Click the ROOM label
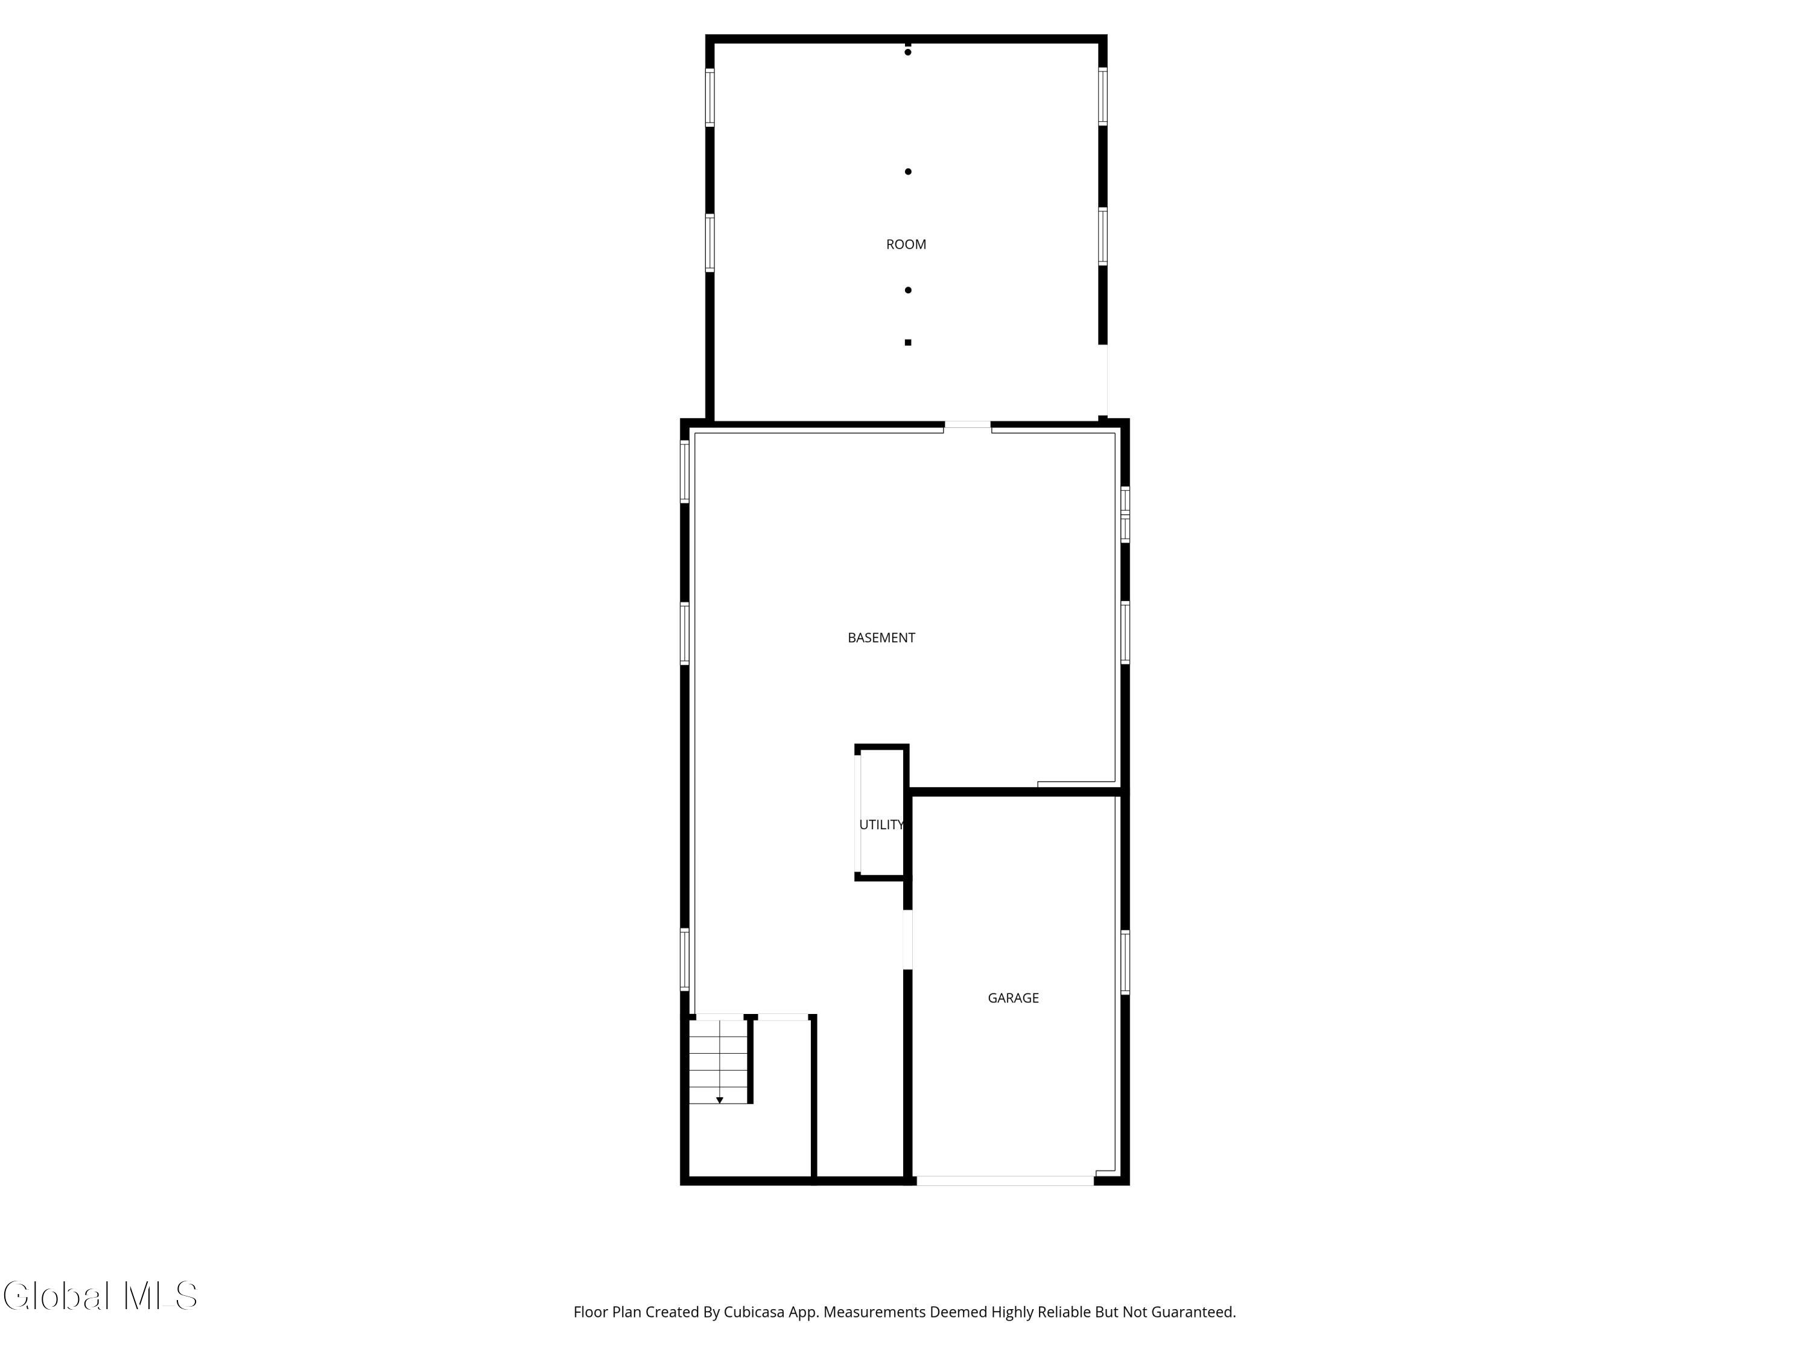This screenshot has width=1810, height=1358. (x=906, y=244)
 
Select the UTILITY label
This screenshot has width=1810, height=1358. (x=881, y=824)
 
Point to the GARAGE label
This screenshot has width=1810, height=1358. (x=1013, y=998)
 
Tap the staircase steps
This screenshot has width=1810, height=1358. (x=719, y=1062)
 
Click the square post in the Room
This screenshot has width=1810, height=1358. (x=907, y=342)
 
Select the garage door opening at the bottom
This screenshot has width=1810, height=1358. (x=1005, y=1181)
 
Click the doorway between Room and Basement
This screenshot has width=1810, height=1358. (x=967, y=425)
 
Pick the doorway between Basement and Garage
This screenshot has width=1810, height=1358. (x=907, y=940)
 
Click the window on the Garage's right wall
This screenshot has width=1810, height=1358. (x=1125, y=962)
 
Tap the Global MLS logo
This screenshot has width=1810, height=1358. (x=100, y=1296)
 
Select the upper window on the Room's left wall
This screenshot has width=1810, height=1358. (x=710, y=97)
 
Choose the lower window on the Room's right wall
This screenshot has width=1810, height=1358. (x=1102, y=237)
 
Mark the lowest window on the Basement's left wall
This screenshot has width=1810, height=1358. (x=685, y=960)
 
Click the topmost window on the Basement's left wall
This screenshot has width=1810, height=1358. (x=685, y=471)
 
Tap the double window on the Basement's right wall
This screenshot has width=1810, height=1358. (x=1125, y=515)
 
